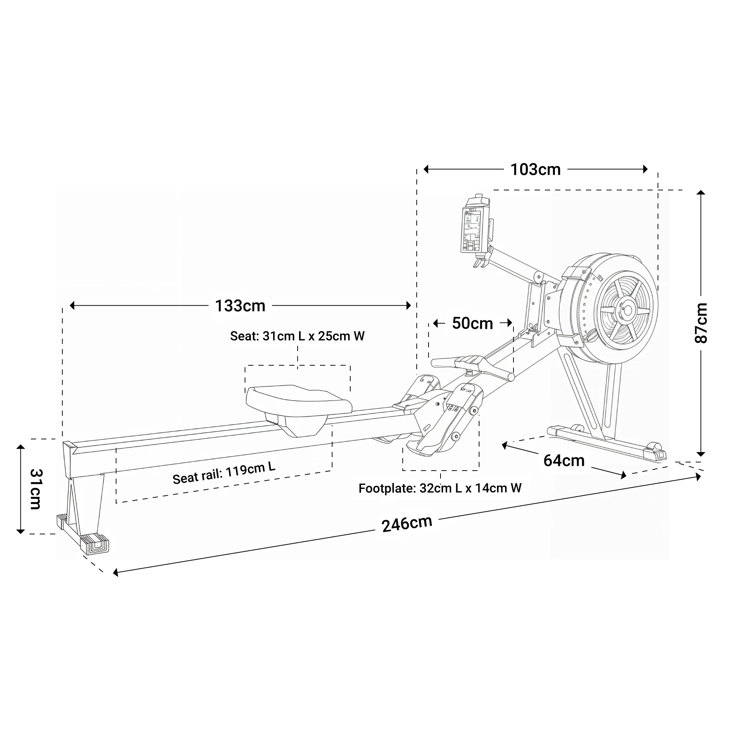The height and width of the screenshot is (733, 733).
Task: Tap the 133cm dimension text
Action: point(240,306)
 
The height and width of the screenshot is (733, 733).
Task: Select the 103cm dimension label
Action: point(535,170)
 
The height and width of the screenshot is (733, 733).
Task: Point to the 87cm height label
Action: point(701,323)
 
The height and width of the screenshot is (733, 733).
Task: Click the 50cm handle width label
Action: point(472,323)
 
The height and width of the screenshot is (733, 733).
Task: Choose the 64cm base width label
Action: point(564,461)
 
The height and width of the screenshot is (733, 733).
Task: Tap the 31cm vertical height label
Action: point(36,489)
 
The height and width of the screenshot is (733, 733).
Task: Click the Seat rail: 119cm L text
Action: point(224,474)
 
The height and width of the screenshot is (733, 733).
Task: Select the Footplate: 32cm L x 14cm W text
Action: point(440,488)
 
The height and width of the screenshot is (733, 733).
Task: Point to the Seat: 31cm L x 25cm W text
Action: point(297,336)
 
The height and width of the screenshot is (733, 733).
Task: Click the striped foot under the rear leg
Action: point(95,544)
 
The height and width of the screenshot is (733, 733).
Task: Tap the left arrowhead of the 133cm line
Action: point(72,305)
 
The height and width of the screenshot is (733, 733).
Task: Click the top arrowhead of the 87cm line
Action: point(701,192)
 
